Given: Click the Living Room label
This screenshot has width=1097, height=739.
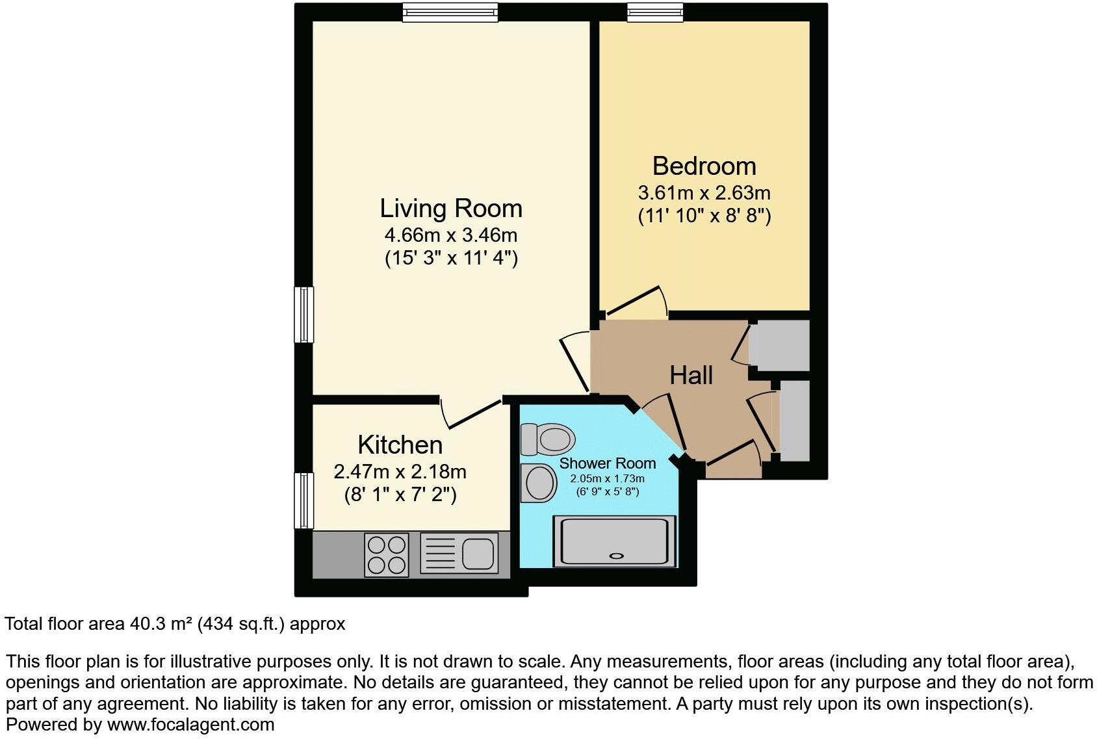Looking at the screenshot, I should pyautogui.click(x=451, y=209).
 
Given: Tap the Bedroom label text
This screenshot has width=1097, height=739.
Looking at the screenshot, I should pyautogui.click(x=704, y=166).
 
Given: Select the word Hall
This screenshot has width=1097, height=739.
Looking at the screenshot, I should pyautogui.click(x=691, y=375).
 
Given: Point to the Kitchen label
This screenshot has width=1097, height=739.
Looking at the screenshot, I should pyautogui.click(x=400, y=445).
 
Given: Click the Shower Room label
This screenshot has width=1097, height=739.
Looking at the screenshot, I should pyautogui.click(x=607, y=463).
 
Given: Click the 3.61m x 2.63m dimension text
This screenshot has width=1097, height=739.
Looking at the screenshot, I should pyautogui.click(x=704, y=193).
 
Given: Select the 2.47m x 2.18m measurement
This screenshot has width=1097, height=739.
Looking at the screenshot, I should pyautogui.click(x=400, y=471).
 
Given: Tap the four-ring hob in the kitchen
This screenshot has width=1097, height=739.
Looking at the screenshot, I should pyautogui.click(x=387, y=554).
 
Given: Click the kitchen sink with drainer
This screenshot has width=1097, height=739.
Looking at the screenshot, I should pyautogui.click(x=459, y=554).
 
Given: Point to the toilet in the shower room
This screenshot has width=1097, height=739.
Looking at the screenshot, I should pyautogui.click(x=548, y=439).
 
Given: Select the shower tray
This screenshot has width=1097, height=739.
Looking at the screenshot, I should pyautogui.click(x=614, y=541).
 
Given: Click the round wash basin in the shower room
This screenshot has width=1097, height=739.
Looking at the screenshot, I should pyautogui.click(x=538, y=483).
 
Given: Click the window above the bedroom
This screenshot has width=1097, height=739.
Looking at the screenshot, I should pyautogui.click(x=655, y=12).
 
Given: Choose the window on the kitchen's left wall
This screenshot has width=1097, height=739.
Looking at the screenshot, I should pyautogui.click(x=303, y=500).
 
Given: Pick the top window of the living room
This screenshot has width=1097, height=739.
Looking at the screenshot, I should pyautogui.click(x=450, y=12).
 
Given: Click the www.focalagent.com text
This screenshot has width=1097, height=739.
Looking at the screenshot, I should pyautogui.click(x=190, y=725).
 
